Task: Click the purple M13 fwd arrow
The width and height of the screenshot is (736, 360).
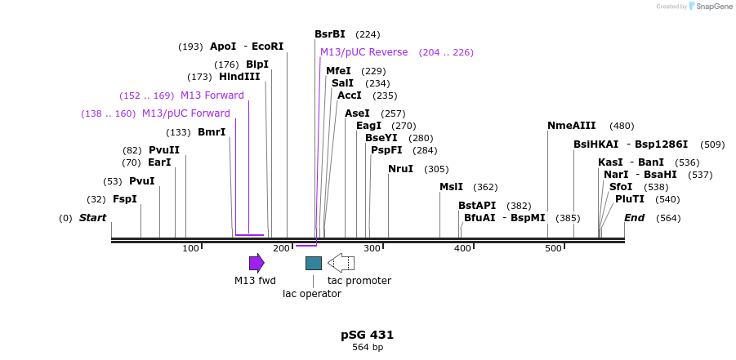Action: click(256, 263)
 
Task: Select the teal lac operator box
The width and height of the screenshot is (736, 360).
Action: click(314, 263)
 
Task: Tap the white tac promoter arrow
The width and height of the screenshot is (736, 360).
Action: click(341, 263)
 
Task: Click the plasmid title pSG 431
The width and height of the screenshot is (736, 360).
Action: click(368, 335)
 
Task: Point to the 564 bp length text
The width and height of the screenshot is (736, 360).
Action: click(368, 348)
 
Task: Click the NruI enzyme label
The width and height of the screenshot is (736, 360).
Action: click(400, 169)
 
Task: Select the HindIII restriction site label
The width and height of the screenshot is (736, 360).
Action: click(239, 77)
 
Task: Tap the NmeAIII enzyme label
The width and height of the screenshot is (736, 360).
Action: click(572, 126)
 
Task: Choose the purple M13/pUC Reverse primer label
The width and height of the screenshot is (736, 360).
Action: click(364, 52)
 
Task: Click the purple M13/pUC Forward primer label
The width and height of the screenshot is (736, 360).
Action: click(186, 113)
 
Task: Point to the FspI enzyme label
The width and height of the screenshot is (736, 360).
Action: click(125, 199)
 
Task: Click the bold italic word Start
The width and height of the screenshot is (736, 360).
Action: click(92, 218)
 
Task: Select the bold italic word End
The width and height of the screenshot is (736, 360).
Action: click(635, 218)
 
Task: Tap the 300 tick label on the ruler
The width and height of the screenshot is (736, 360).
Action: click(372, 248)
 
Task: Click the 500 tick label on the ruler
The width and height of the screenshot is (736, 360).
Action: click(553, 248)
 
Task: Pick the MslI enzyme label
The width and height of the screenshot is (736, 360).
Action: click(451, 187)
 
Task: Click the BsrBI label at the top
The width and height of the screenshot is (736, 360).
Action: click(330, 34)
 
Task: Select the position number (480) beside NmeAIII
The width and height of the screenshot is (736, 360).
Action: click(622, 126)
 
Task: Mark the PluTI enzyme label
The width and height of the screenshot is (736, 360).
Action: click(630, 199)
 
